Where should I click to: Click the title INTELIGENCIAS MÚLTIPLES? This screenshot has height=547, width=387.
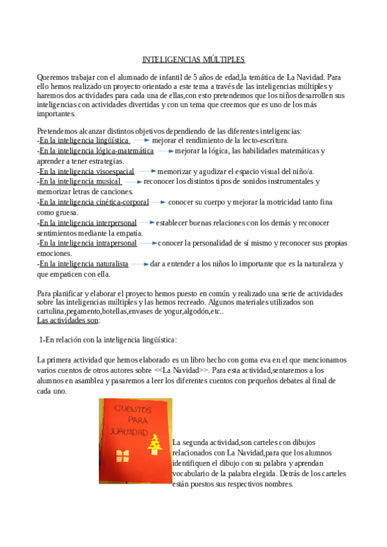click(193, 59)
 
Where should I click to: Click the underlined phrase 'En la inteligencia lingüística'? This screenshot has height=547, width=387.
click(84, 140)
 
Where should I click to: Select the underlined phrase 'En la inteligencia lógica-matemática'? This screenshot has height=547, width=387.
click(96, 151)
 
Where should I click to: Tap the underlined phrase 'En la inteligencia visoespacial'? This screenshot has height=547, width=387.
click(87, 172)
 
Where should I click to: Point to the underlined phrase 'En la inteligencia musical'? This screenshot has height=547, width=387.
click(80, 182)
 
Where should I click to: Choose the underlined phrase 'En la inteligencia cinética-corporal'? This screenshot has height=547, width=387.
click(94, 202)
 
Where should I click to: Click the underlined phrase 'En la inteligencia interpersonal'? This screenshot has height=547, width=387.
click(88, 223)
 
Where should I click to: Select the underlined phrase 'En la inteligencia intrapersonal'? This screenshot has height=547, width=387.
click(88, 243)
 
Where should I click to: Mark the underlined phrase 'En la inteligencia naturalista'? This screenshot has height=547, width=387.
click(83, 264)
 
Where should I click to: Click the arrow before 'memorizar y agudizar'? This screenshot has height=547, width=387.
click(146, 172)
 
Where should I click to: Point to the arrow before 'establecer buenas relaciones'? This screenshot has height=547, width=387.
click(147, 223)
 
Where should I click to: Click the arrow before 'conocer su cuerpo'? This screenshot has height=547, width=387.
click(158, 202)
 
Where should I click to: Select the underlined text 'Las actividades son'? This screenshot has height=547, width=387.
click(68, 320)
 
